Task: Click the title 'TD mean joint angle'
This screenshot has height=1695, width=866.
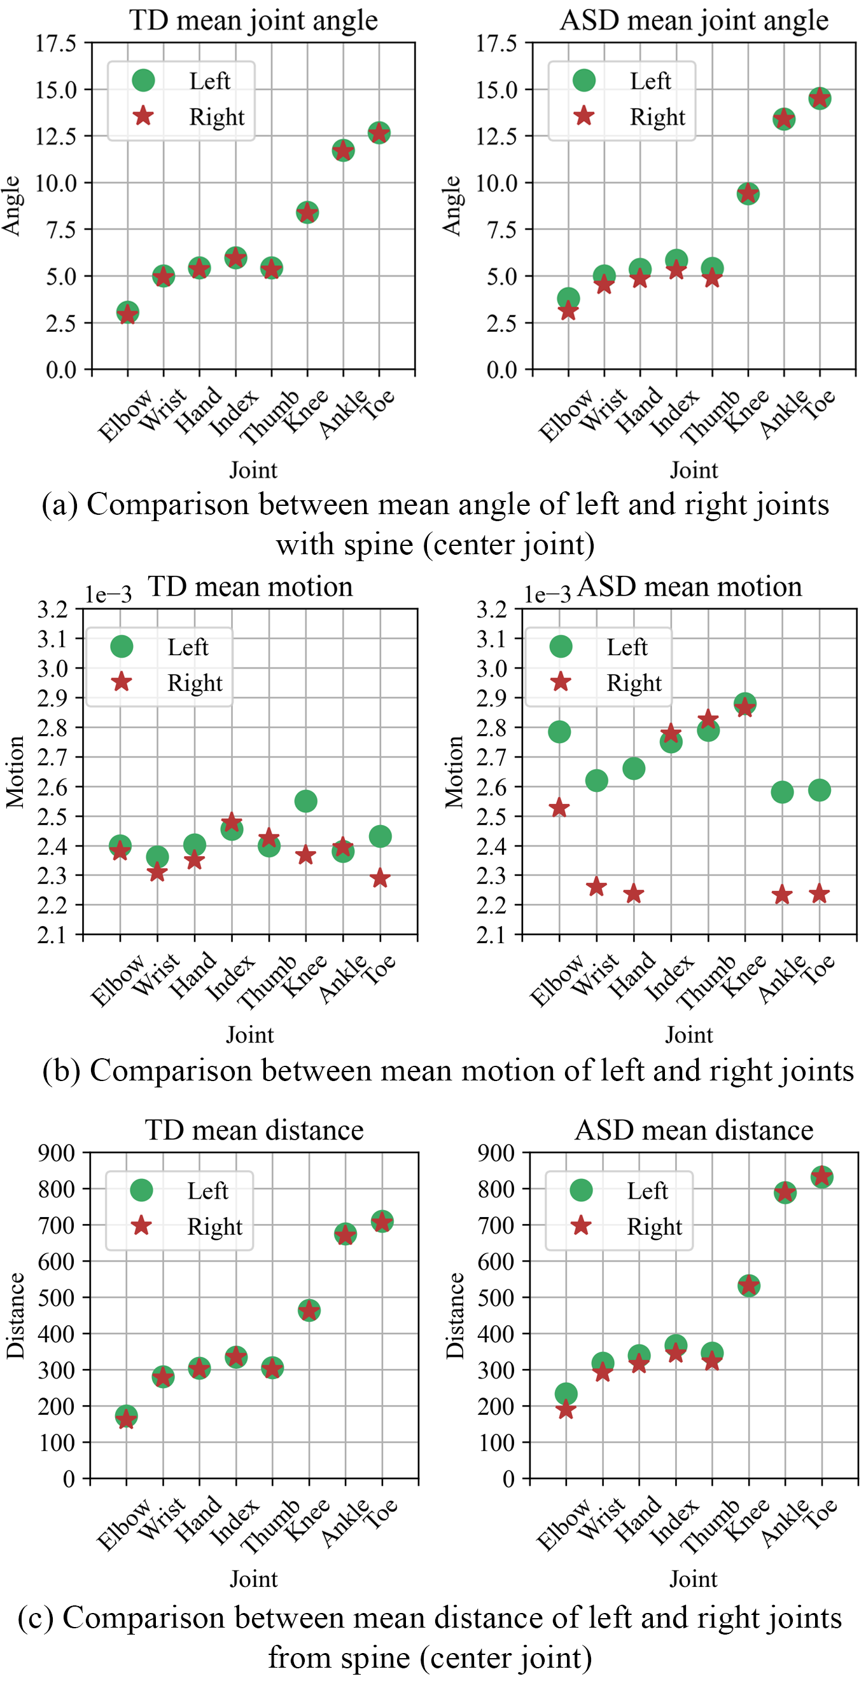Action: click(x=253, y=20)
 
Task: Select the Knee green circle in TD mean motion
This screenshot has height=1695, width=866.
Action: click(x=305, y=801)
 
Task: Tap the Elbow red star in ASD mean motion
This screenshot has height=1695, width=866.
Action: click(x=559, y=807)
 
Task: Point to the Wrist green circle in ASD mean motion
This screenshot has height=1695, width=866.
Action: click(x=596, y=780)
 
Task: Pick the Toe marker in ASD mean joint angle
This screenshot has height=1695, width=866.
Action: click(x=820, y=99)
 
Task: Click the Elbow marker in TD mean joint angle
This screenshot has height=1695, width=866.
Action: click(x=128, y=313)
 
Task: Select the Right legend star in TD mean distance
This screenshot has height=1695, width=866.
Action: click(x=142, y=1225)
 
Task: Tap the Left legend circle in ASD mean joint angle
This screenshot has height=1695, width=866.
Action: click(x=583, y=80)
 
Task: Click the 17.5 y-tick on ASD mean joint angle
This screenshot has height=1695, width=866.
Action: click(x=496, y=43)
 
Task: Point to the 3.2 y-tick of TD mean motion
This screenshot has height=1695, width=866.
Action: click(x=53, y=609)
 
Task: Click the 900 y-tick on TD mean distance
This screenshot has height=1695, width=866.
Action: click(x=57, y=1152)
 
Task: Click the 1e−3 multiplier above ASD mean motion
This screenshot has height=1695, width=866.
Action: click(x=547, y=594)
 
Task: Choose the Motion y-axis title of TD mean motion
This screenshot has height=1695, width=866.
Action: click(x=15, y=771)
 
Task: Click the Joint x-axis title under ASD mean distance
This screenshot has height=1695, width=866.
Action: click(x=693, y=1579)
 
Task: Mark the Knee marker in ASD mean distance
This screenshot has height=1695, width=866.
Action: click(x=749, y=1285)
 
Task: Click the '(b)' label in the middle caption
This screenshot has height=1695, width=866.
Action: click(x=61, y=1070)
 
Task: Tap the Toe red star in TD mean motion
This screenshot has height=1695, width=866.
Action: click(x=379, y=878)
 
